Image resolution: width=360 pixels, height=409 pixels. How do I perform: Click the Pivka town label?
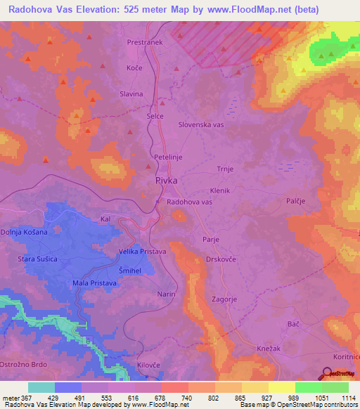166,181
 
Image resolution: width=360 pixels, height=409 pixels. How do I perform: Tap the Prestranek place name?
146,41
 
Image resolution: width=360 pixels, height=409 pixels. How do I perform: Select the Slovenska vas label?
200,124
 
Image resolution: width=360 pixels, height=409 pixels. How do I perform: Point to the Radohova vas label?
189,202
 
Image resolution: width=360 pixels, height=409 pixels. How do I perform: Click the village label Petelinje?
168,157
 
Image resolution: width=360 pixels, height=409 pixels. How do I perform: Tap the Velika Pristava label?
141,251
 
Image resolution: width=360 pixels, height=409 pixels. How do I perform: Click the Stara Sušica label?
41,260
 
